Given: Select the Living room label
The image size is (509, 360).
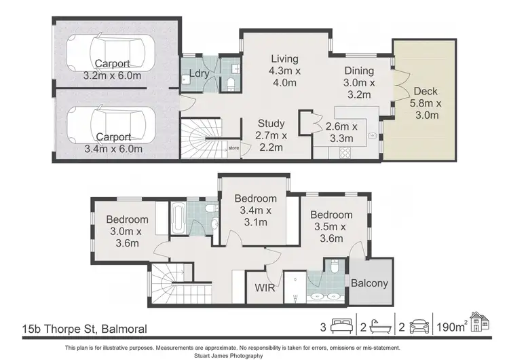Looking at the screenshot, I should pyautogui.click(x=280, y=58).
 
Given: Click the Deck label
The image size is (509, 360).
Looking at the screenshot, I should pyautogui.click(x=425, y=91).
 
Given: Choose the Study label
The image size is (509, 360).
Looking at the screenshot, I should pyautogui.click(x=271, y=124).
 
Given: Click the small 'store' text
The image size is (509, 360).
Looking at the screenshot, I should pyautogui.click(x=234, y=147).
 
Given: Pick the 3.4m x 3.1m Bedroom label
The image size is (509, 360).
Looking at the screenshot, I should pyautogui.click(x=256, y=198).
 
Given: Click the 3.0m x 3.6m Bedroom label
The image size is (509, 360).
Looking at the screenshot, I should pyautogui.click(x=127, y=219).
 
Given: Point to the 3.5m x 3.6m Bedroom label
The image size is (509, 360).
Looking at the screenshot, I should pyautogui.click(x=332, y=215).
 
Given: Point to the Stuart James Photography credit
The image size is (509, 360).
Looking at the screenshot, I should pyautogui.click(x=254, y=355).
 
